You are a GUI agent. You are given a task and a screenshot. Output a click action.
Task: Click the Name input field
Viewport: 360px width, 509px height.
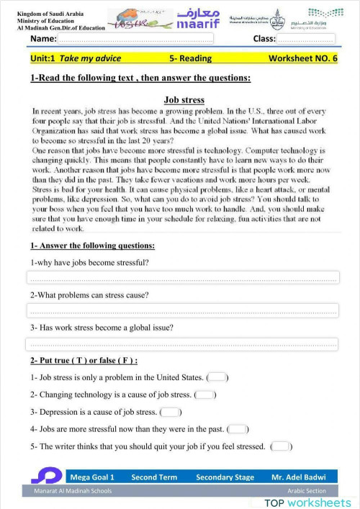point(137,38)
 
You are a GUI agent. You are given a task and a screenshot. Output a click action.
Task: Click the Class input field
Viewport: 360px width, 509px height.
point(306,38)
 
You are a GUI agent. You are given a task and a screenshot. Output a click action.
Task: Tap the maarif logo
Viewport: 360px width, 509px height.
point(190,19)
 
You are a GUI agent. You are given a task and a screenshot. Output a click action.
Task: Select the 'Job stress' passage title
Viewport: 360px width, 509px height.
point(184,100)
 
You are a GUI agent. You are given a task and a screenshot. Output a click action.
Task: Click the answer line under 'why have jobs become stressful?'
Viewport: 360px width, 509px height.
point(182,278)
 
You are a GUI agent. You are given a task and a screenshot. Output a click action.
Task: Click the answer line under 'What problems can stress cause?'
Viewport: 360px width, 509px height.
point(182,311)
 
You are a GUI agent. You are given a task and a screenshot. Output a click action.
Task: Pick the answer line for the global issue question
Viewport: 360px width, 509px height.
point(182,344)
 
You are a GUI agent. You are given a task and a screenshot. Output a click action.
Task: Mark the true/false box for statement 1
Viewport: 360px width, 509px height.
point(218,377)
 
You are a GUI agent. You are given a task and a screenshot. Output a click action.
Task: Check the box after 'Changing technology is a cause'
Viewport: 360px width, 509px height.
point(205,395)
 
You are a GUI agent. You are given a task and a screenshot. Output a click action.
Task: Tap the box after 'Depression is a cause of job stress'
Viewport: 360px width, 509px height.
point(171,412)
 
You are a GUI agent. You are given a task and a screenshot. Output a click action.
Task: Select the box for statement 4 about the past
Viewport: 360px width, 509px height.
point(238,429)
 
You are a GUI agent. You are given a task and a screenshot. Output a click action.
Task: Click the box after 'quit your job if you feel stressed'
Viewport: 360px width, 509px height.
point(282,446)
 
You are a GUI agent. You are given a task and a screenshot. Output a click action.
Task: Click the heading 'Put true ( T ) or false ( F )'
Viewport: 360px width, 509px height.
point(84,360)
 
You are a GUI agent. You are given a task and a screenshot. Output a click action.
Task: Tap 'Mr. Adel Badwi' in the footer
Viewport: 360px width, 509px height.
point(298,477)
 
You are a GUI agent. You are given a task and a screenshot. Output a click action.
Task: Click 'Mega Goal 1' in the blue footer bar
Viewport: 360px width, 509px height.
point(92,477)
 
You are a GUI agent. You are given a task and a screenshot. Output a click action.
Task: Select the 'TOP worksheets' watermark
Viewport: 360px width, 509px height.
point(307,502)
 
